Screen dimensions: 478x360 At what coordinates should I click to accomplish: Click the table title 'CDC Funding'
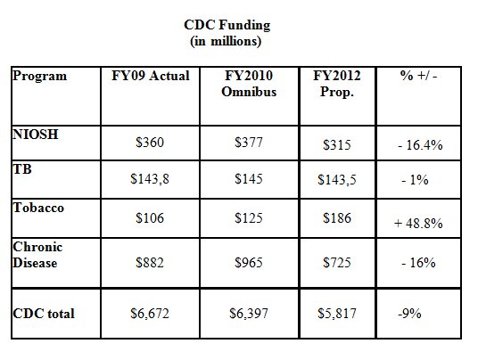pyautogui.click(x=227, y=25)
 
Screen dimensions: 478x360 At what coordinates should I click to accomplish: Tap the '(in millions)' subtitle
pyautogui.click(x=226, y=41)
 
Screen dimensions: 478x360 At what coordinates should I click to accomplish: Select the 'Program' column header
pyautogui.click(x=39, y=76)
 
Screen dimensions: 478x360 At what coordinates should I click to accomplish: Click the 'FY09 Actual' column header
pyautogui.click(x=151, y=76)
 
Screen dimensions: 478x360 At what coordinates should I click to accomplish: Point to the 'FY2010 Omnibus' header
pyautogui.click(x=249, y=84)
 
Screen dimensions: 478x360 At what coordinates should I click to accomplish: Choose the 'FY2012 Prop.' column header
pyautogui.click(x=337, y=84)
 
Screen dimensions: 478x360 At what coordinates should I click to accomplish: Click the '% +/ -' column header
pyautogui.click(x=418, y=76)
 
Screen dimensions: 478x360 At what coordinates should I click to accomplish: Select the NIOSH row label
pyautogui.click(x=36, y=134)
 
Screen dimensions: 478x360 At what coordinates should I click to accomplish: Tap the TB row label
pyautogui.click(x=22, y=168)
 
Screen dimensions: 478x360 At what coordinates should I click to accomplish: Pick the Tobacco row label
pyautogui.click(x=38, y=208)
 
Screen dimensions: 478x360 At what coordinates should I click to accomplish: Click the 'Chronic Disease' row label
pyautogui.click(x=37, y=255)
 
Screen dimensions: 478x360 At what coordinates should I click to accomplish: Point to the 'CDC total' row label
pyautogui.click(x=44, y=314)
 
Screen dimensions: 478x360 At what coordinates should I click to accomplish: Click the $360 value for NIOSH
pyautogui.click(x=150, y=143)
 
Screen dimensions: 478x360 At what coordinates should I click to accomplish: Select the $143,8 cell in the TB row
pyautogui.click(x=150, y=179)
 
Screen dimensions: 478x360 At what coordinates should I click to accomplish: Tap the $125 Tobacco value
pyautogui.click(x=249, y=218)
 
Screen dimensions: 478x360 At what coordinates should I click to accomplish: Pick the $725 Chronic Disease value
pyautogui.click(x=337, y=263)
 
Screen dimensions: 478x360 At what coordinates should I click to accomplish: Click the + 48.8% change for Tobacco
pyautogui.click(x=418, y=224)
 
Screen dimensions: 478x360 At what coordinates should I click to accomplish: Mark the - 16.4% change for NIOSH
pyautogui.click(x=420, y=145)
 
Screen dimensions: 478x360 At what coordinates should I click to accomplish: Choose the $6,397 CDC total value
pyautogui.click(x=249, y=314)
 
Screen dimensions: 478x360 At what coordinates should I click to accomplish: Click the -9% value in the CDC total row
pyautogui.click(x=409, y=314)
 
